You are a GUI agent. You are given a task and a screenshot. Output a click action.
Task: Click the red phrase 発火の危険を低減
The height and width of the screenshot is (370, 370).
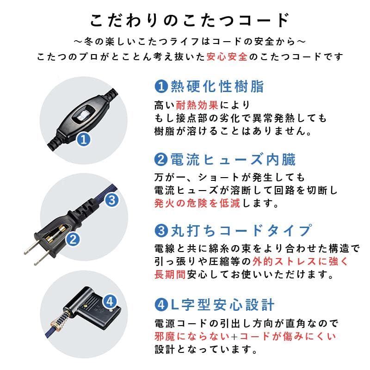196,203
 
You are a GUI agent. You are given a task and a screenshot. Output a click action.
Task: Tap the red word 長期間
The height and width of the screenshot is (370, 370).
170,274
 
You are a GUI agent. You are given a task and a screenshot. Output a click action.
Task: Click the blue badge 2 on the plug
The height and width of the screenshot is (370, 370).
73,239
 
